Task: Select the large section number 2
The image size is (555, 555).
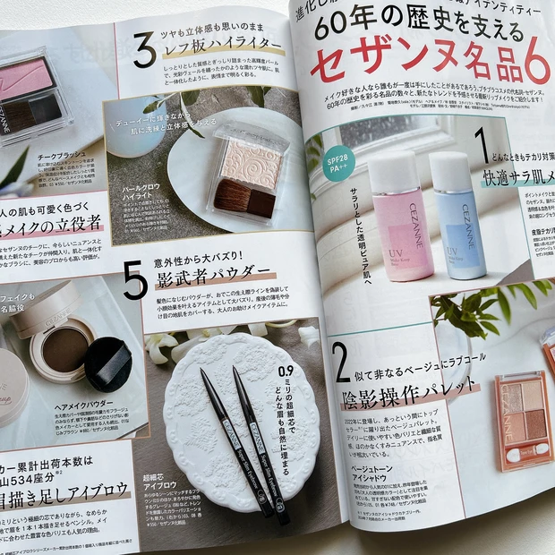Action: [342, 361]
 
